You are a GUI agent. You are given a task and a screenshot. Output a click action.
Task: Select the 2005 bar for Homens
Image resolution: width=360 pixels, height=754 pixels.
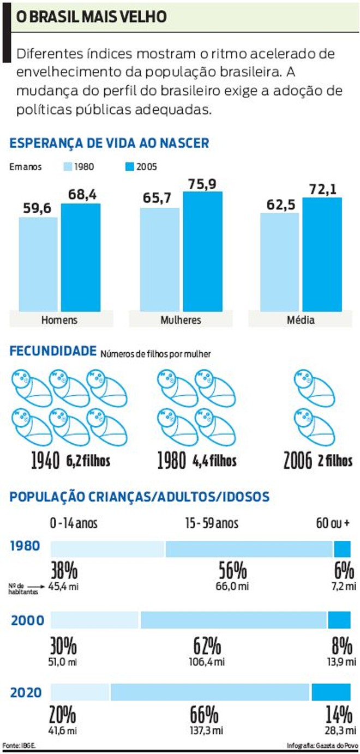81,256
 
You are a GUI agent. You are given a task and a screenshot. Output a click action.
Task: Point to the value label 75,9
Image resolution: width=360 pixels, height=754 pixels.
202,184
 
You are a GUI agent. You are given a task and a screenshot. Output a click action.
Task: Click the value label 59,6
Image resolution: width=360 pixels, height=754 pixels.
38,209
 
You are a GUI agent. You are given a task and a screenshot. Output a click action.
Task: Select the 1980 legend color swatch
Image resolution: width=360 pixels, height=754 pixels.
68,167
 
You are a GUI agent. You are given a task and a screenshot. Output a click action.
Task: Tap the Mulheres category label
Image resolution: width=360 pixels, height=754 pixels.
181,320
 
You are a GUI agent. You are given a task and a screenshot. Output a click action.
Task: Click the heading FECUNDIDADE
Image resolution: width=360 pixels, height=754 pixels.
53,352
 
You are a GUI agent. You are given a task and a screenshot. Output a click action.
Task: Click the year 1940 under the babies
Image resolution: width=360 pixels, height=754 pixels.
45,461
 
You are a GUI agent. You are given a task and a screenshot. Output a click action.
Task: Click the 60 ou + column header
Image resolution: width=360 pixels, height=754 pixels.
332,523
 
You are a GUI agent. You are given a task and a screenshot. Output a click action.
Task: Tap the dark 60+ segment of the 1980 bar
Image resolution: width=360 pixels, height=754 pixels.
342,548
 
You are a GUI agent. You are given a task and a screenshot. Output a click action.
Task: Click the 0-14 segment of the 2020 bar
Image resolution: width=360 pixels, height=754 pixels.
80,692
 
